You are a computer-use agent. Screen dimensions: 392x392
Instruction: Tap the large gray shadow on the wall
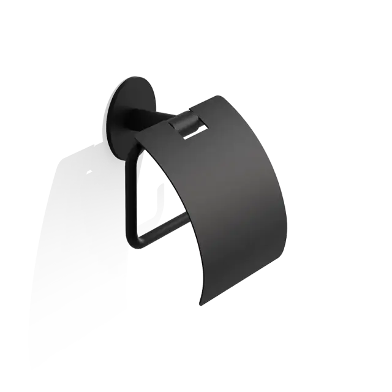coord(80,245)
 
